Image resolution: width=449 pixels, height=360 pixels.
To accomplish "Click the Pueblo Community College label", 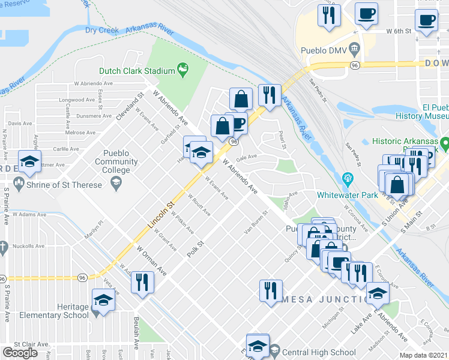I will click(x=116, y=157).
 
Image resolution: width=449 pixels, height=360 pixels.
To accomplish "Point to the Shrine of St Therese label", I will click(x=65, y=185).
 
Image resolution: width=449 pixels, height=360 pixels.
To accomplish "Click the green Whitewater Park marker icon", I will click(x=346, y=178).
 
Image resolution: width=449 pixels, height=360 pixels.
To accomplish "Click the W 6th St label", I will click(x=399, y=30).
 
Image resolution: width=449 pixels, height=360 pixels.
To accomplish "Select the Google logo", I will click(x=20, y=353).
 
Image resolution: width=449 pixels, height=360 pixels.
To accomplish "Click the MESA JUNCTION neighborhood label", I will click(x=325, y=299).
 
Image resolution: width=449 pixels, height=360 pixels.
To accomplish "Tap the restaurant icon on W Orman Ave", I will click(x=142, y=281).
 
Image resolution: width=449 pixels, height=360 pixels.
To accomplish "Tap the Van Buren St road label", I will click(x=255, y=223).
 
